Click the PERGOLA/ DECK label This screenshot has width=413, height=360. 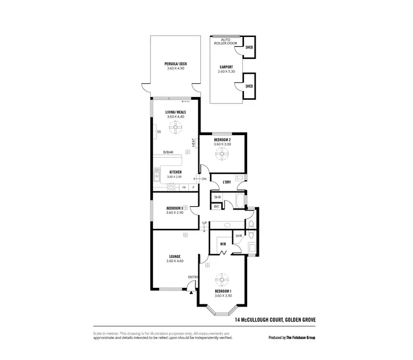coord(176,64)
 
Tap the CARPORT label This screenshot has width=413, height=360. coord(226,67)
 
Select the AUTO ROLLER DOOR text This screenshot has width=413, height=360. coord(226,42)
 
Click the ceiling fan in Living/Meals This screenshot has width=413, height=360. coord(176,129)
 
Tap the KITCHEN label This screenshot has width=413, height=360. coord(176,173)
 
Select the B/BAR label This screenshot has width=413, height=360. coord(168,153)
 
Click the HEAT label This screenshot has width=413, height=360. coord(194,142)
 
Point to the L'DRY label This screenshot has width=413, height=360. coord(226,182)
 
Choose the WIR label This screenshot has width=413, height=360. coord(223,243)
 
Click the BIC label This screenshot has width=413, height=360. coord(217,206)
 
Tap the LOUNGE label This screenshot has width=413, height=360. coord(175,256)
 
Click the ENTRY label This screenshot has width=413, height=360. coord(193,277)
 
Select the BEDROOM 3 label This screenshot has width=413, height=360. coord(175,208)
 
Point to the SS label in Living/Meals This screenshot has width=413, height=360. coord(159,132)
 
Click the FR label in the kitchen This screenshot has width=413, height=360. coord(184,187)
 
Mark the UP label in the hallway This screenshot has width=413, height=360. coord(205,223)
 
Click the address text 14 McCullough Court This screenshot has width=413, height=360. coord(274,320)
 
